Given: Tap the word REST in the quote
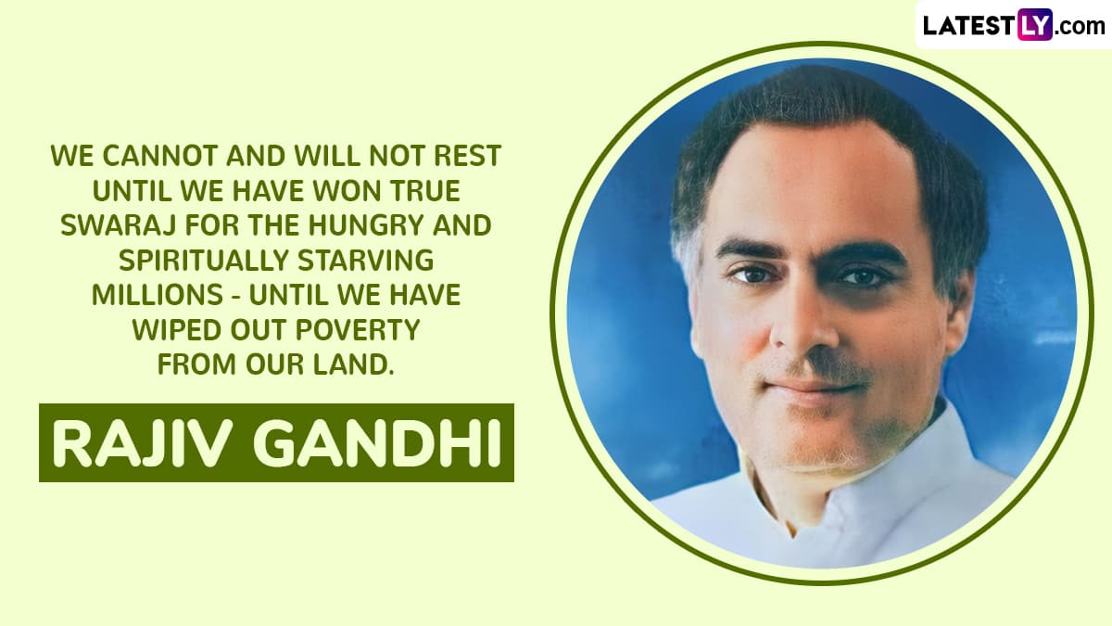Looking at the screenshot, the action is point(467,156).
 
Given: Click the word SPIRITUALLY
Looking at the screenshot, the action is point(204,261).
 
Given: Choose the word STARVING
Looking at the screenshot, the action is point(366,261).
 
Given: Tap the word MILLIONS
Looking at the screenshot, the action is point(158,295).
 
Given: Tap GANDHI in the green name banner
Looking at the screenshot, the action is point(376,443).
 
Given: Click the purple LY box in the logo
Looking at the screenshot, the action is point(1034,24).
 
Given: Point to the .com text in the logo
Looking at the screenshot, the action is point(1080,26).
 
